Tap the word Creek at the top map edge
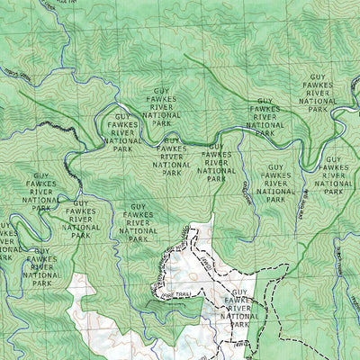(x=67, y=3)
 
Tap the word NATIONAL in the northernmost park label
(x=319, y=102)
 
